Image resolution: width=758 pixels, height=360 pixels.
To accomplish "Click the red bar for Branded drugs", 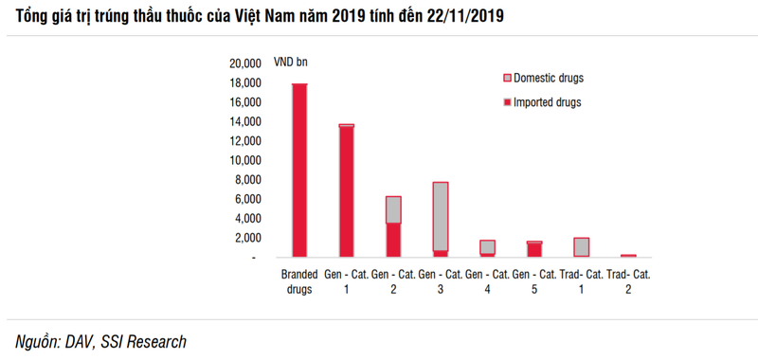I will tap(299, 171).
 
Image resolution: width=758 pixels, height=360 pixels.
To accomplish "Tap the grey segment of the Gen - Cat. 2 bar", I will tap(393, 210).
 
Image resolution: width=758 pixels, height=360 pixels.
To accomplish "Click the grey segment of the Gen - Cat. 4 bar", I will tap(487, 246).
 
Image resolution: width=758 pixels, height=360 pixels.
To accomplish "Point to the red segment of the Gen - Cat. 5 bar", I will tap(534, 250).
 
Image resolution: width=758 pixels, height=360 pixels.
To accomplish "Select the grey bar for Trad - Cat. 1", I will tap(581, 247).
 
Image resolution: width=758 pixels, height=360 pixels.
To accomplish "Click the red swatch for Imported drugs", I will tap(507, 101).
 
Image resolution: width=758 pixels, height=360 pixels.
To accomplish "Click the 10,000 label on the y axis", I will tap(244, 160).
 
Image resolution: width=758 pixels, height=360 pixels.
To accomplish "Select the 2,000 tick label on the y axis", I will tap(246, 238).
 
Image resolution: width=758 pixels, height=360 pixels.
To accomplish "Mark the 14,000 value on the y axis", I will tap(244, 121).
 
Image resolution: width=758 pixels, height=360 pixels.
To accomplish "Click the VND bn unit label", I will tap(291, 63).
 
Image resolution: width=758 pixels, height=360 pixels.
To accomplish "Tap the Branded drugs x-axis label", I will tap(299, 282).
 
